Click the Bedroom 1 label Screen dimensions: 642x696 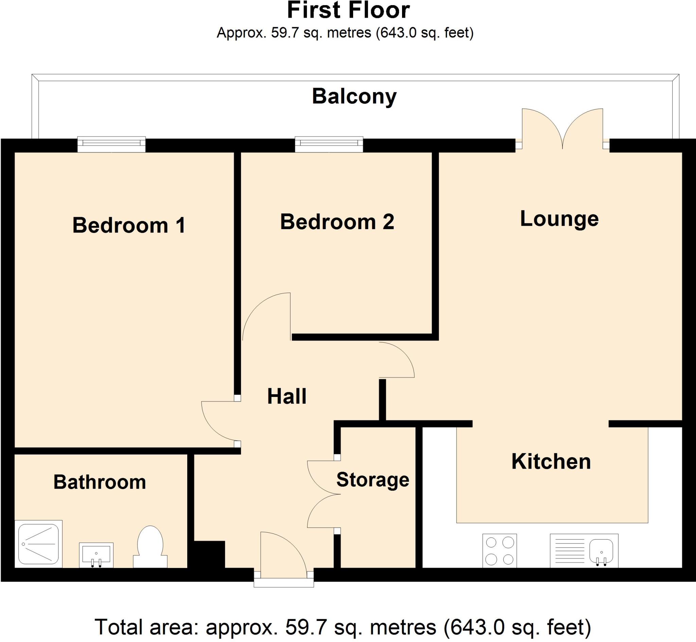tap(129, 225)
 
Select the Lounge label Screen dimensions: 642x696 tap(559, 219)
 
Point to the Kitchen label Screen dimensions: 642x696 tap(551, 461)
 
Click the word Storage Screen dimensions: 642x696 tap(373, 480)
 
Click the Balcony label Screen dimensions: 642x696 tap(354, 96)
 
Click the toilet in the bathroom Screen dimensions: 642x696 tap(151, 546)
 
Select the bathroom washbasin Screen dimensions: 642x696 tap(96, 554)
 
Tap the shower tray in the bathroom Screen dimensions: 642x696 tap(38, 544)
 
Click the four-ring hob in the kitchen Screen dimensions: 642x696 tap(500, 551)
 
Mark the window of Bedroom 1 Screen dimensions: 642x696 tap(111, 144)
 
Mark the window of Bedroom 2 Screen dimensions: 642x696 tap(329, 144)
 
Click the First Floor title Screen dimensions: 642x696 tap(348, 11)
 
